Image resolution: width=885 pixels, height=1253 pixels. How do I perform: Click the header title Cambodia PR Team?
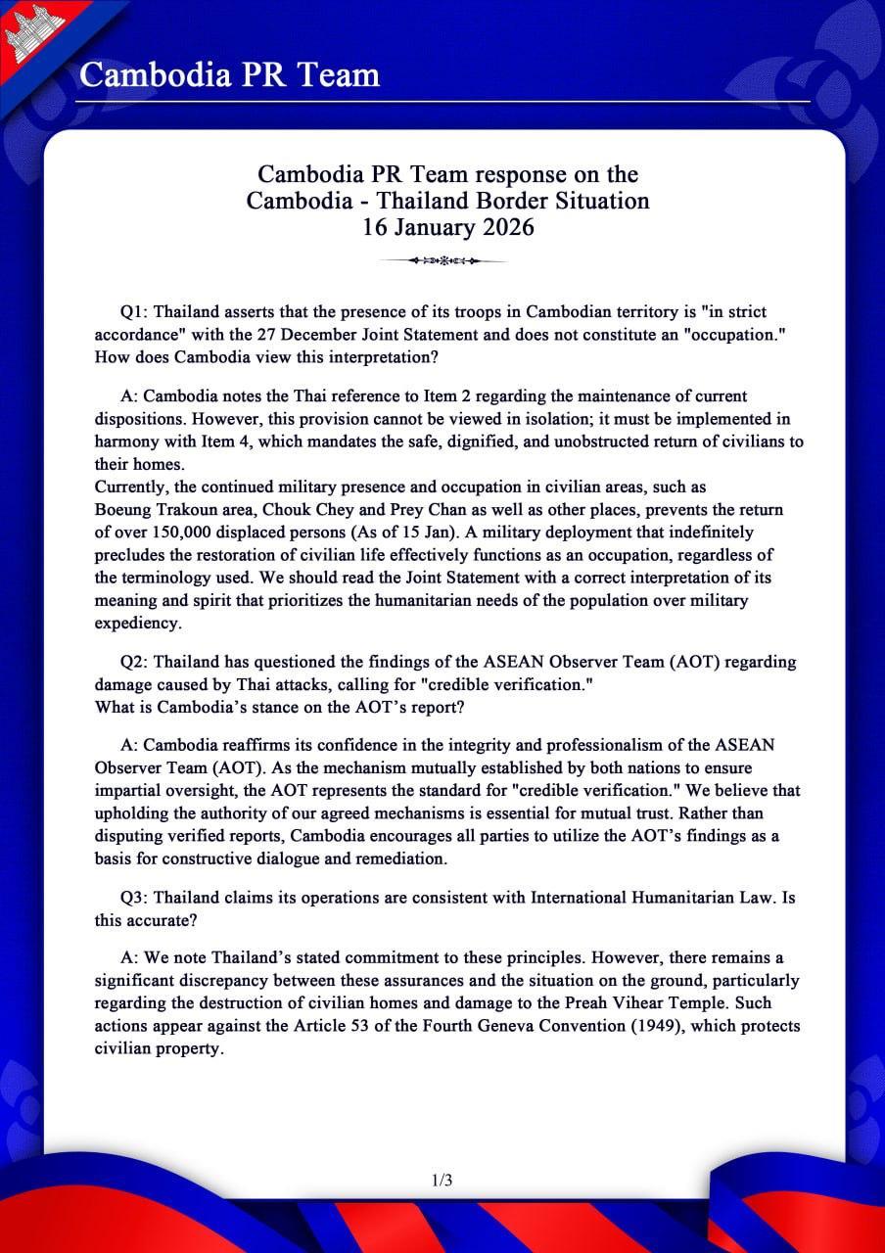(229, 74)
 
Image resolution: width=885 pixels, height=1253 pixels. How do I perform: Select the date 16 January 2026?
(447, 227)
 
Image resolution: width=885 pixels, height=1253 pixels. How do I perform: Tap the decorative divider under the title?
(446, 260)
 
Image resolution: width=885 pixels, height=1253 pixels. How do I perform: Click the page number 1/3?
(442, 1181)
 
